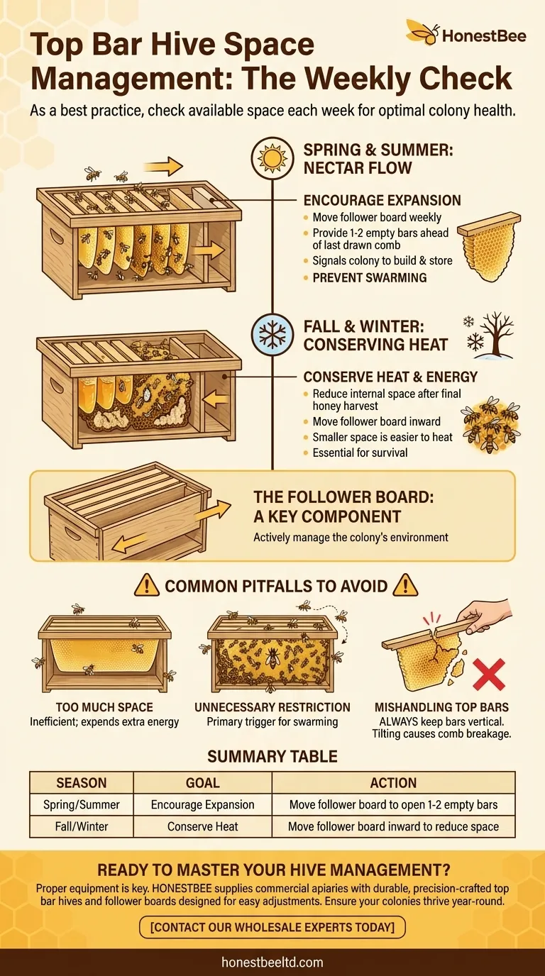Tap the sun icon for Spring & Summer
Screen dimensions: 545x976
click(x=272, y=158)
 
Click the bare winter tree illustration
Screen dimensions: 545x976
click(x=497, y=335)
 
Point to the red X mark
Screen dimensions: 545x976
click(x=488, y=675)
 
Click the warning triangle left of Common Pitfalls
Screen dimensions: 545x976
click(x=146, y=585)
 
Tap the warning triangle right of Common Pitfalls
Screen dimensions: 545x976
click(x=405, y=585)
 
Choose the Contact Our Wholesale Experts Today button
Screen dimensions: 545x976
click(x=272, y=927)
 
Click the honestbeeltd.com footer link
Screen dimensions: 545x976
click(x=272, y=962)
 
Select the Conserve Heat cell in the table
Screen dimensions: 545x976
click(x=203, y=826)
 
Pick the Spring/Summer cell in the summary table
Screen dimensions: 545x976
click(x=82, y=805)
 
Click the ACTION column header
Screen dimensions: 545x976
click(x=393, y=783)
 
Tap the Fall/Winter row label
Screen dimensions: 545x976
click(x=82, y=826)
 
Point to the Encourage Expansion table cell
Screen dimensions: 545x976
click(x=203, y=805)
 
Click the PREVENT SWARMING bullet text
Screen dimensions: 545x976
click(x=370, y=277)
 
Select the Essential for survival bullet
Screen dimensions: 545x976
click(x=360, y=453)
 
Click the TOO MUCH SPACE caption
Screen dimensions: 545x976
click(x=104, y=707)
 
